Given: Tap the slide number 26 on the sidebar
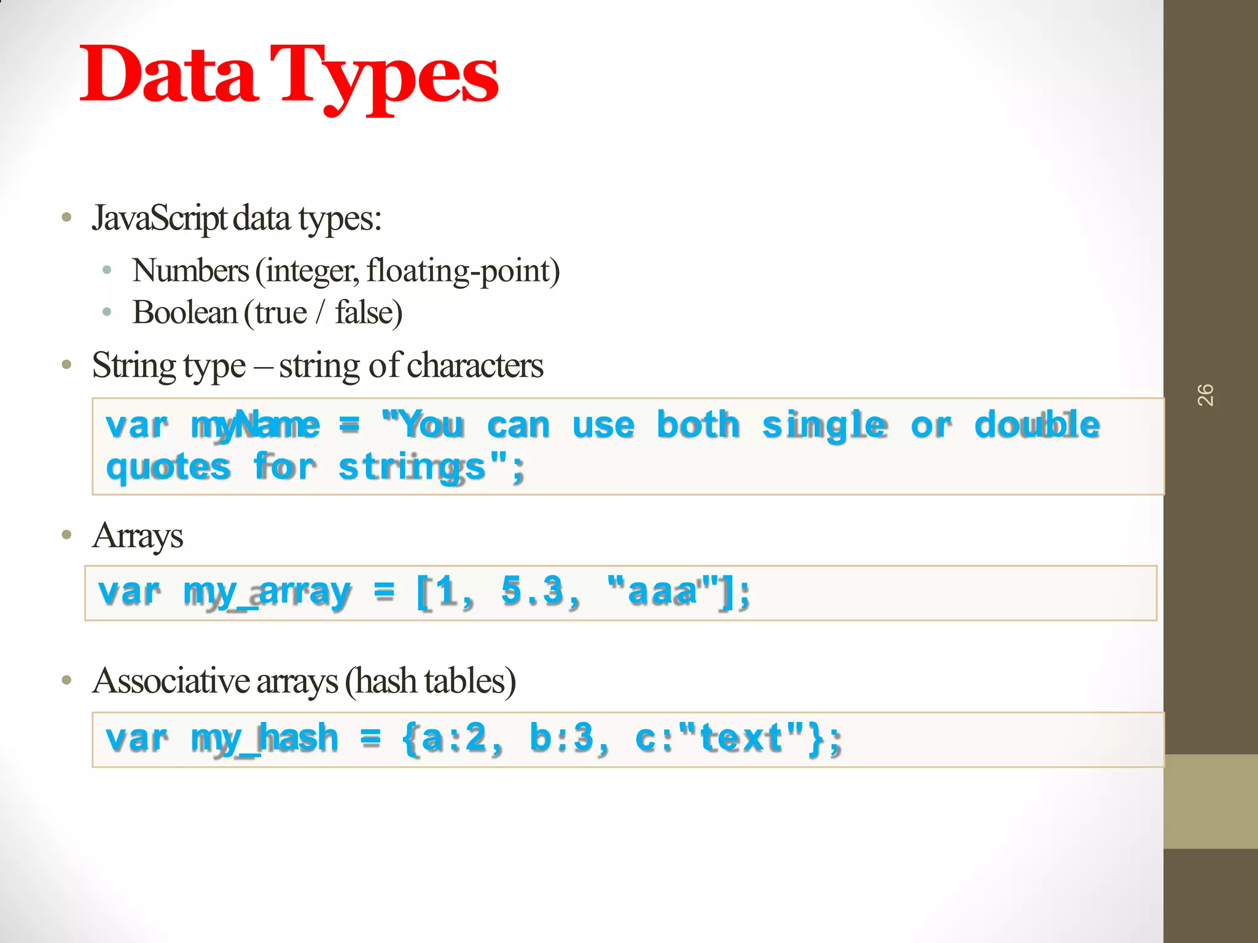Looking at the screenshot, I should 1205,395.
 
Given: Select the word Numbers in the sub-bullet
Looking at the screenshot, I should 190,271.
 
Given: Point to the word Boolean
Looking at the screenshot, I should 185,312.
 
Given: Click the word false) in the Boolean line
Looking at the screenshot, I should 369,312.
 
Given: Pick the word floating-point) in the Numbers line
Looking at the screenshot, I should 463,271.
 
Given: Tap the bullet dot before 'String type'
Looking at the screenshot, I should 67,365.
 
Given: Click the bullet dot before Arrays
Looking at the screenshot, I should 67,535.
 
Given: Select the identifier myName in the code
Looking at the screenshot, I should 255,425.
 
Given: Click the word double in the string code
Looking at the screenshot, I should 1037,425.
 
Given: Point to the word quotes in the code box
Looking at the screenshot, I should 168,467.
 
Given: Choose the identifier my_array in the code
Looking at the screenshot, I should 267,592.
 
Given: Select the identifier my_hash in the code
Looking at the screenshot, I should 264,739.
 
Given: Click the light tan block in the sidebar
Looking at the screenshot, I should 1210,801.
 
